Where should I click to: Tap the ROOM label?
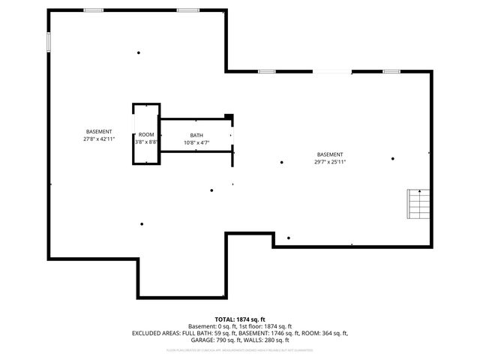coord(145,134)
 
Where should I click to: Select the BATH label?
coord(196,136)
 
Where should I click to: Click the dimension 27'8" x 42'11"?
coord(99,139)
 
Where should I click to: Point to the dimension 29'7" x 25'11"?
coord(330,161)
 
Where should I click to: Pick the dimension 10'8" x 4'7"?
coord(196,142)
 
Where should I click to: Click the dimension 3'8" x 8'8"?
coord(145,142)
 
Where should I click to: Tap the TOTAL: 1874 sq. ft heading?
coord(240,319)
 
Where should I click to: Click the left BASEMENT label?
coord(99,132)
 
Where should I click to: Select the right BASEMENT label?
coord(330,154)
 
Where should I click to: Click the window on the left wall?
coord(49,42)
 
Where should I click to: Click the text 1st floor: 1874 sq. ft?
coord(262,326)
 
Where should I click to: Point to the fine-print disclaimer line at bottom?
coord(240,350)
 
